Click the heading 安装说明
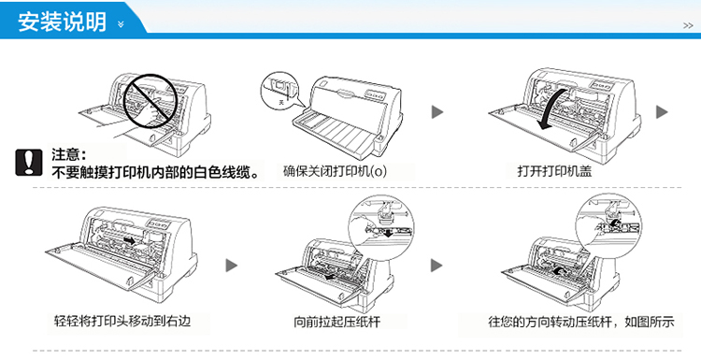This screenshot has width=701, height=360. [62, 22]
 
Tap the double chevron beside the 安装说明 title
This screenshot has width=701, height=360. [121, 24]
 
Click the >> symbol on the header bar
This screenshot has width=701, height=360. [688, 26]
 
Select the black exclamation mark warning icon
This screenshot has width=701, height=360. [29, 163]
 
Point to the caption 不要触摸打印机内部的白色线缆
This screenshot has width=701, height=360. [155, 172]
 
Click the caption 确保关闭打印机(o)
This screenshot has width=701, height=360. [335, 171]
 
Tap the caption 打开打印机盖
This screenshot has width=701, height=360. [554, 171]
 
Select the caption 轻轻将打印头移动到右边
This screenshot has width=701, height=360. [122, 321]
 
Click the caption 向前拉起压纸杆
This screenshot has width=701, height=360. [336, 322]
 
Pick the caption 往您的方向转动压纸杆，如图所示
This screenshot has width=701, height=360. [580, 322]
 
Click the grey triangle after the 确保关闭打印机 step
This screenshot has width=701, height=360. [437, 112]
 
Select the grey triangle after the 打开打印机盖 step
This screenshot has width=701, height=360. [662, 112]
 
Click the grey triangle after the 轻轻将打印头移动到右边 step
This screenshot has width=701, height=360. [231, 266]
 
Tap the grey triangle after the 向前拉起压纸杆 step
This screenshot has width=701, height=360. [436, 266]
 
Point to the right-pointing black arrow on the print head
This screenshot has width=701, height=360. [129, 241]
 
